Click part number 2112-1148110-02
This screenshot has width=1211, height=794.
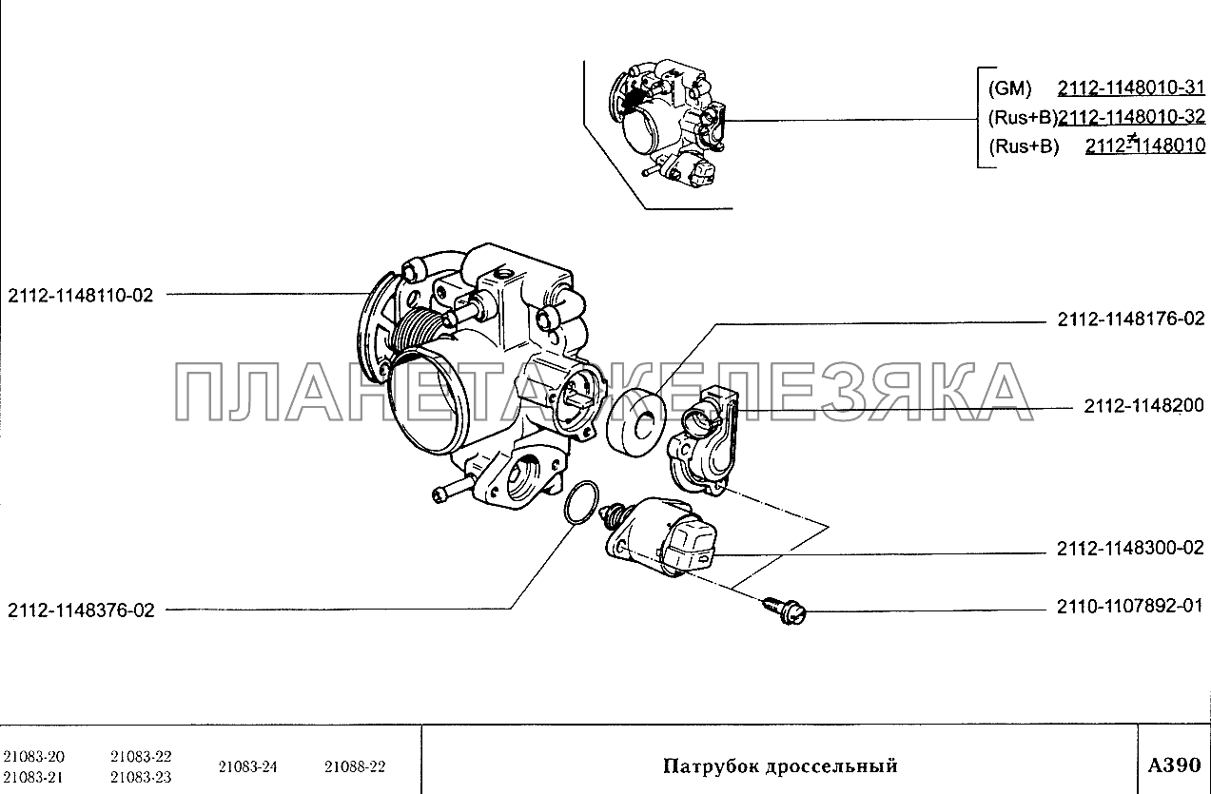tap(81, 296)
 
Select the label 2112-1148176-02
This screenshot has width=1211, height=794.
tap(1131, 319)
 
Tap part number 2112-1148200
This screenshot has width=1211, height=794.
tap(1144, 405)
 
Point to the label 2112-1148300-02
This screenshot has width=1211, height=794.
tap(1130, 548)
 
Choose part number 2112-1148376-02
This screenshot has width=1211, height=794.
tap(81, 610)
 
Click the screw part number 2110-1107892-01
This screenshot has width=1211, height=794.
tap(1130, 607)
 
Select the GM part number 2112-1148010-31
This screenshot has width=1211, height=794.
tap(1131, 87)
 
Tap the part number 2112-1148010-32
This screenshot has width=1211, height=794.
tap(1131, 117)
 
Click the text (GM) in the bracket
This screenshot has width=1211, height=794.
tap(1010, 88)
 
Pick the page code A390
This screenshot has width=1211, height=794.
tap(1174, 765)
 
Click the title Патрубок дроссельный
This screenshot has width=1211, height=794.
tap(780, 765)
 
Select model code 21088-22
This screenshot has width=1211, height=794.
tap(355, 766)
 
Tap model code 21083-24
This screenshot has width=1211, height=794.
tap(247, 766)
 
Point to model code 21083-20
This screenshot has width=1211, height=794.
tap(33, 756)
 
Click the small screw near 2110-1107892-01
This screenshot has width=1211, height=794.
tap(785, 610)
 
